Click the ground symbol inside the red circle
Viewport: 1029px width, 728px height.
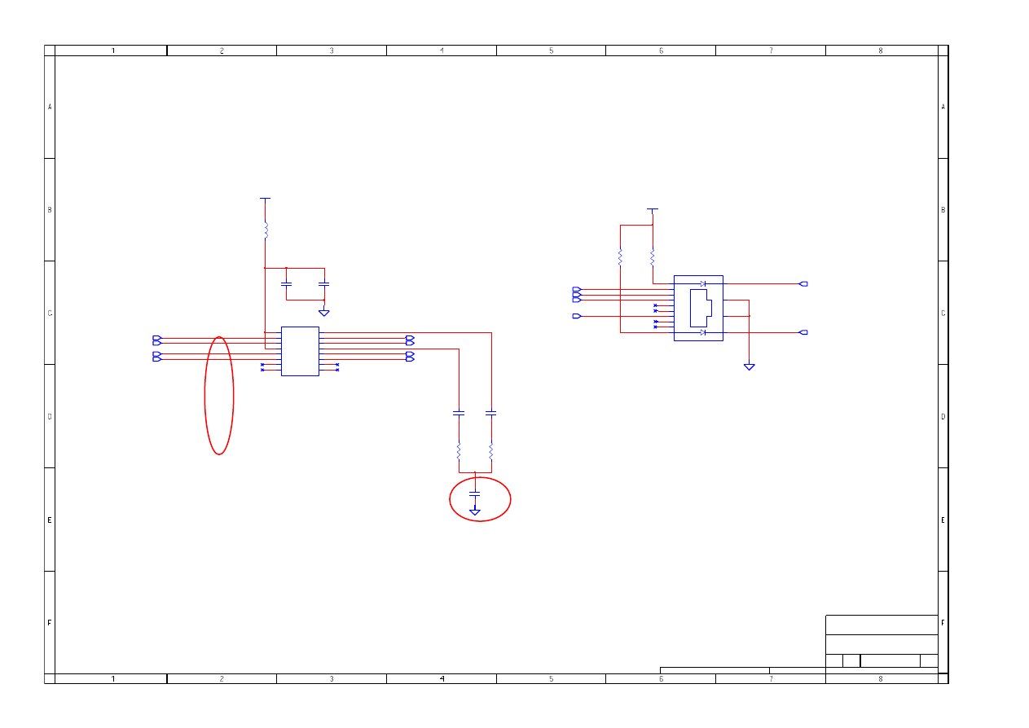pos(474,512)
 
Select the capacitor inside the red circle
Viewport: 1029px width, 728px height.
pos(474,493)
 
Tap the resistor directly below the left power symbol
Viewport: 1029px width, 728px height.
pos(266,230)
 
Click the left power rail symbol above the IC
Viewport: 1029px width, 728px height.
pos(265,199)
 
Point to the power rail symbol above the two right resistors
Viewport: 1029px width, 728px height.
pos(653,209)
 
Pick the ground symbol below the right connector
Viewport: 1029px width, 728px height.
pos(750,366)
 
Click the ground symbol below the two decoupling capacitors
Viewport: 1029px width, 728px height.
pos(324,313)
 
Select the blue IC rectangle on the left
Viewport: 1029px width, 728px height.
pos(300,351)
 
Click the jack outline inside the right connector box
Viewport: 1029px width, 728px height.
pos(701,308)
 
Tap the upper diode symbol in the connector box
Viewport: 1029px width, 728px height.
pos(703,283)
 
